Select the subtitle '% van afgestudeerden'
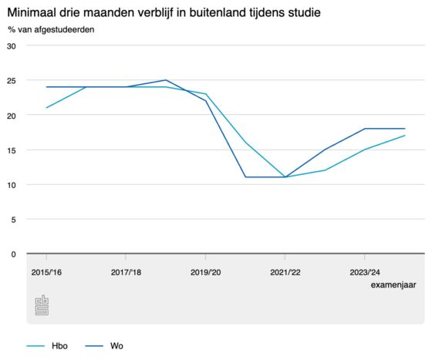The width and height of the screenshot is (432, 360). (51, 29)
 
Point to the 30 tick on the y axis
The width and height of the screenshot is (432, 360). (12, 46)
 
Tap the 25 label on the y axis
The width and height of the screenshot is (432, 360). (12, 81)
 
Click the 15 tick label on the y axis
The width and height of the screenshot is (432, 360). (12, 150)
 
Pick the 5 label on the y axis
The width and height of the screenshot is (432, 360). (14, 220)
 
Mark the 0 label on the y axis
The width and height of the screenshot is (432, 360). (14, 254)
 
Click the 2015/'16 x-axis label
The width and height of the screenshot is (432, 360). (46, 272)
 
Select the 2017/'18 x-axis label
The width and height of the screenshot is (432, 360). (126, 272)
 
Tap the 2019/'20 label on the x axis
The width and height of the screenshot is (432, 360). (205, 272)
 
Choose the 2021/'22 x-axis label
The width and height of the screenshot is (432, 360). (285, 272)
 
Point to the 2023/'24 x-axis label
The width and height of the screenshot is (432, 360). (365, 272)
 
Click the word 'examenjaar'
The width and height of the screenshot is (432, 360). (393, 285)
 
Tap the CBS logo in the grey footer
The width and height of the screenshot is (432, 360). (42, 305)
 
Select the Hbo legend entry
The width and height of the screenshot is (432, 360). (47, 346)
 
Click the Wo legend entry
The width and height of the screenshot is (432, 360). (104, 346)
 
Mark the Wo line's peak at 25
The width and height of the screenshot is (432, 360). (166, 80)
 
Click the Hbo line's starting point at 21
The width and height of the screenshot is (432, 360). (46, 108)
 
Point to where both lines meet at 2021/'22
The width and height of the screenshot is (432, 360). (285, 177)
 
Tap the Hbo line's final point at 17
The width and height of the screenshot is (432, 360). (405, 136)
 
